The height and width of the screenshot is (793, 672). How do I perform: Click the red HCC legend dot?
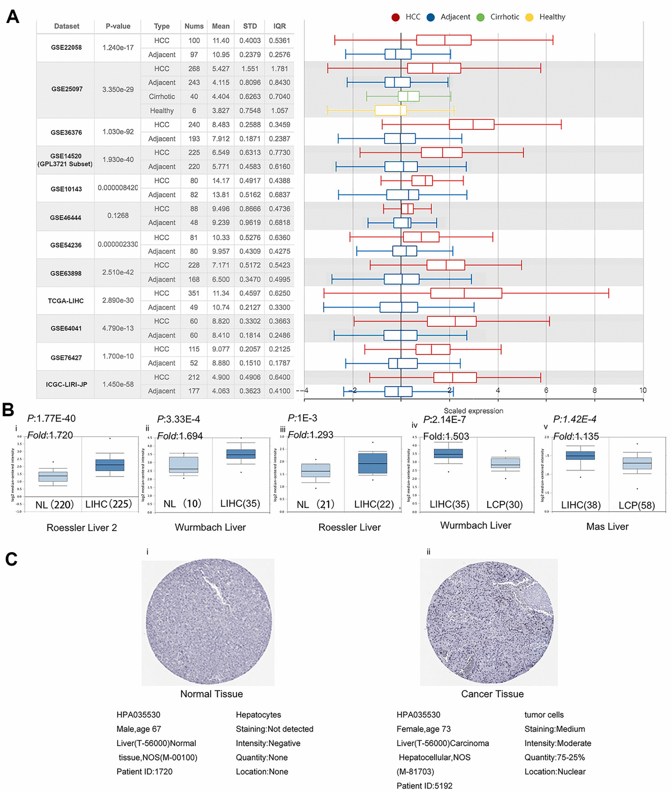395,17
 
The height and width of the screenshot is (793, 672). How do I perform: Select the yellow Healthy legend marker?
529,17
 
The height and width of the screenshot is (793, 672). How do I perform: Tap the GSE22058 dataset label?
66,48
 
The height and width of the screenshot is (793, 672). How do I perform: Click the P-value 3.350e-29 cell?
118,90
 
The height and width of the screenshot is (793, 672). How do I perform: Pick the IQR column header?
279,26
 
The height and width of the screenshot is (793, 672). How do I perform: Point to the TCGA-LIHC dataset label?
66,301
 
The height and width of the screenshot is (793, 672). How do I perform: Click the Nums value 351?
194,293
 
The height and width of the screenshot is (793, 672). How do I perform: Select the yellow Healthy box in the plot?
390,110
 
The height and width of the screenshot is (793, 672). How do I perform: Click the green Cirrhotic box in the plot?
409,96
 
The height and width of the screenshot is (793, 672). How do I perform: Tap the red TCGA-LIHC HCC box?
466,293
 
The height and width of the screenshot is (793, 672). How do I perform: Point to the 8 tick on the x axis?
595,390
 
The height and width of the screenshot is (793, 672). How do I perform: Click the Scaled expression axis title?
473,411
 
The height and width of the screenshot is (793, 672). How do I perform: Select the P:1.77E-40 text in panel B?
52,419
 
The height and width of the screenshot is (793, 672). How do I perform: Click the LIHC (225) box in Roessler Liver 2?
110,465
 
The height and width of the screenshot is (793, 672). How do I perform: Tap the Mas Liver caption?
607,526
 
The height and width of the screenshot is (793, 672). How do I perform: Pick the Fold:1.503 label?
446,436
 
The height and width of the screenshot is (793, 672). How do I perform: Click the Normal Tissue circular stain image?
208,622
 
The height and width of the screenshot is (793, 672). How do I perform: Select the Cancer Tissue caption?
492,694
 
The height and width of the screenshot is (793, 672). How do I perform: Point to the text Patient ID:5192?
424,786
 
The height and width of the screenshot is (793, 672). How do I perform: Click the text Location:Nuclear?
555,772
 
